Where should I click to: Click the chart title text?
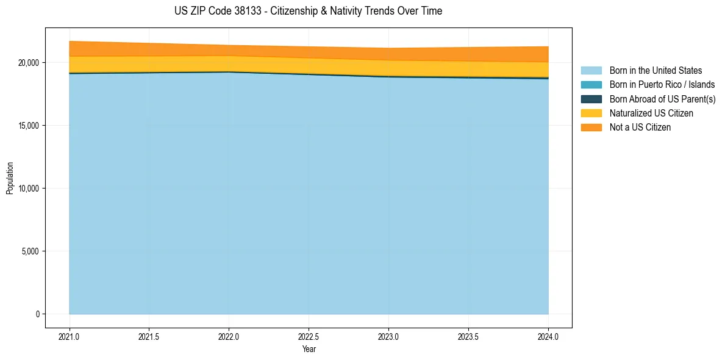(x=308, y=11)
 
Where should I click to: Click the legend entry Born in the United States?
(x=655, y=71)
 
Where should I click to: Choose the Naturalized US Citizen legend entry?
(x=651, y=113)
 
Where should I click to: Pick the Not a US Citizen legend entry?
(x=640, y=127)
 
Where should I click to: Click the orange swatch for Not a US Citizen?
(x=591, y=127)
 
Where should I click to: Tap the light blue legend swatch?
(x=591, y=71)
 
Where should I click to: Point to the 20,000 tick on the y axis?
(x=29, y=63)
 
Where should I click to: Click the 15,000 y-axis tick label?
(x=29, y=126)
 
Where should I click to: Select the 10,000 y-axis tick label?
(x=29, y=189)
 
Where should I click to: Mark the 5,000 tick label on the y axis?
(x=30, y=251)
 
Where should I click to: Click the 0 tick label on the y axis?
(x=37, y=314)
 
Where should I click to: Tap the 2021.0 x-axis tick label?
(x=70, y=336)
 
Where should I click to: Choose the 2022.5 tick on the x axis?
(x=309, y=336)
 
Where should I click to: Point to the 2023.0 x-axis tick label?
(x=388, y=336)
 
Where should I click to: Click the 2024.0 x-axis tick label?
(x=548, y=336)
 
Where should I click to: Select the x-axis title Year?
(x=309, y=349)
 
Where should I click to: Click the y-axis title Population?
(x=10, y=178)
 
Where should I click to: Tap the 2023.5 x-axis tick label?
(x=468, y=336)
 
